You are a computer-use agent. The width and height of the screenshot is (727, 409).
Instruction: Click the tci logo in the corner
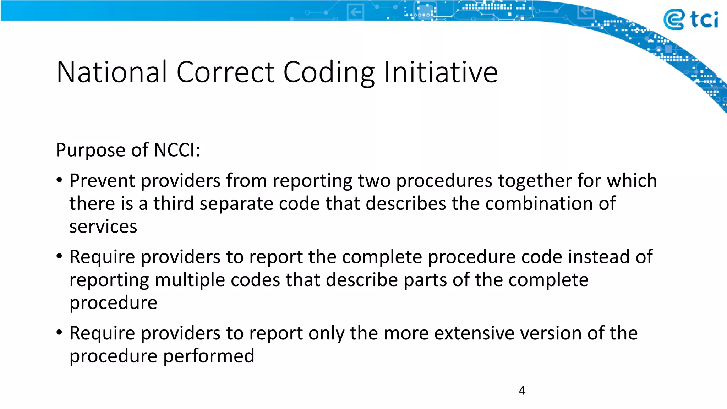(690, 20)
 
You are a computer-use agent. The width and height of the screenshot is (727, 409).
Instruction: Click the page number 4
(522, 390)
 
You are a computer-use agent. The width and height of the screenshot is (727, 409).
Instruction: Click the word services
(103, 227)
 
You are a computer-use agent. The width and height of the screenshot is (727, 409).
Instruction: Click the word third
(173, 204)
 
